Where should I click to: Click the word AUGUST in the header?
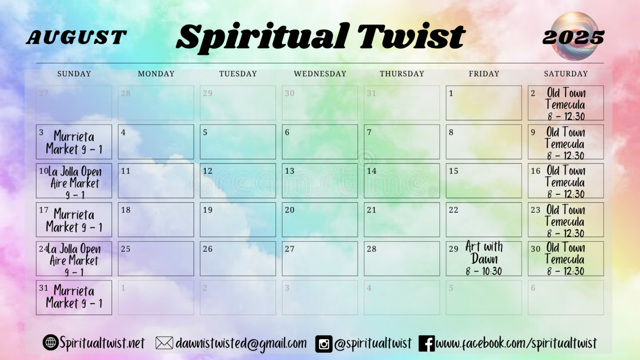(x=76, y=37)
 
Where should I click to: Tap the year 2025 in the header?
(x=573, y=37)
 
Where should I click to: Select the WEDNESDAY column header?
(x=320, y=74)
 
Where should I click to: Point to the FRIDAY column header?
(x=484, y=74)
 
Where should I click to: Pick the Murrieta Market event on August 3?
(x=74, y=143)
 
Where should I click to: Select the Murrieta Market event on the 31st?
(x=74, y=296)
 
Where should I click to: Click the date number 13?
(x=289, y=171)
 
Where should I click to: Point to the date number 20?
(x=289, y=210)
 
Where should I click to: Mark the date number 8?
(x=451, y=132)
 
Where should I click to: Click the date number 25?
(x=125, y=249)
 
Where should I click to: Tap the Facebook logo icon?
(x=427, y=344)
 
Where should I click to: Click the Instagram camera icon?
(x=324, y=344)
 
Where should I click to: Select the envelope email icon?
(x=164, y=343)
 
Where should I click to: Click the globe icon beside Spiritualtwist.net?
(x=51, y=342)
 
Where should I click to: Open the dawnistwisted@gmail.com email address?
(x=241, y=344)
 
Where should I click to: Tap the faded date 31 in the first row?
(x=371, y=93)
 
